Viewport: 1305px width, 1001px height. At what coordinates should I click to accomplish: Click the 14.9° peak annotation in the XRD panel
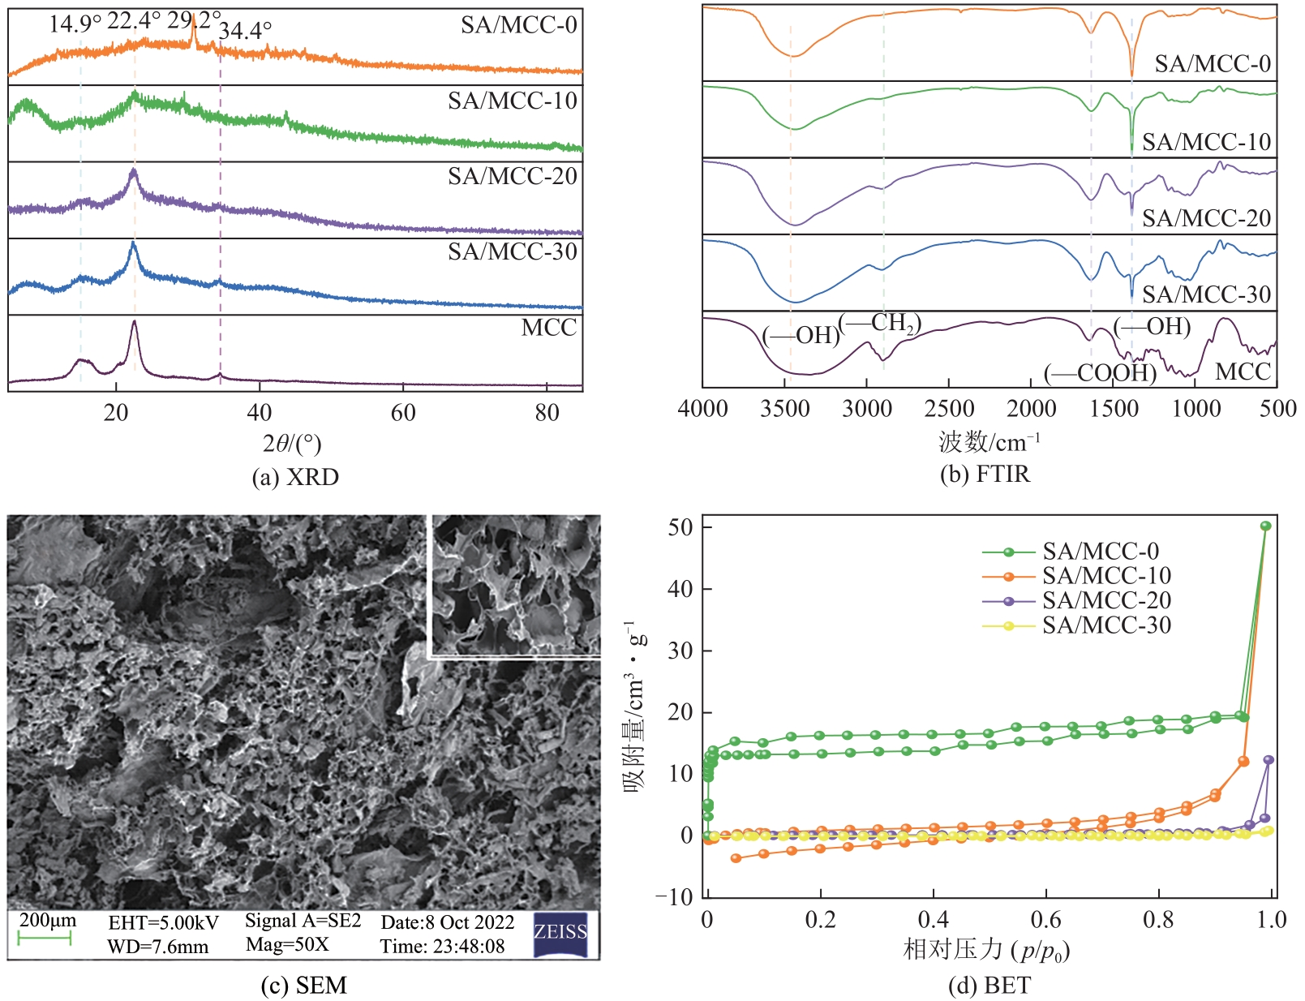75,24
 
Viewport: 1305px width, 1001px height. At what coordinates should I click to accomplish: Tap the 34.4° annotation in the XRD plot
246,31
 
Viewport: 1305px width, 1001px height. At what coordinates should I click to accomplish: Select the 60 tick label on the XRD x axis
403,413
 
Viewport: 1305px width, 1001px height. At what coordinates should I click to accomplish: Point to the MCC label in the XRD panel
548,328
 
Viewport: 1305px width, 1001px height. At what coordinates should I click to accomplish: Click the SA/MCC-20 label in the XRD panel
512,176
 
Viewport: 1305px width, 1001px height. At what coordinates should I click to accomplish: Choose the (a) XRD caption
295,477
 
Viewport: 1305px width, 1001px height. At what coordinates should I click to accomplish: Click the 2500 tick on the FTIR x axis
949,409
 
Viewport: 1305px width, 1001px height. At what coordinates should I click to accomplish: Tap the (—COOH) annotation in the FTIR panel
1100,373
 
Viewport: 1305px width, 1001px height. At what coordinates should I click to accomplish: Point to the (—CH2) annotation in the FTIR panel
879,324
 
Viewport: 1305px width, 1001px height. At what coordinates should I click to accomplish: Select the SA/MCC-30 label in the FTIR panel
1206,294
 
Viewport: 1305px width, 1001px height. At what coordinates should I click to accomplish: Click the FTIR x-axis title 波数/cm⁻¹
989,442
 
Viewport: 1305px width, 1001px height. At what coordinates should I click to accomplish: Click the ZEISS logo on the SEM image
560,934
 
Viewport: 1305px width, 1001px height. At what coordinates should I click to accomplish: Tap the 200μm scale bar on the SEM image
45,938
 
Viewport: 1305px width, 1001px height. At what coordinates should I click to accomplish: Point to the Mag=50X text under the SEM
287,945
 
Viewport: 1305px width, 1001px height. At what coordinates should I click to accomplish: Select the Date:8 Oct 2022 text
447,922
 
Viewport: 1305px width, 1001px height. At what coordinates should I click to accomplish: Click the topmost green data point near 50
1265,526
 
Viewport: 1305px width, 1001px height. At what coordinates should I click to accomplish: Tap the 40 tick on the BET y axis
680,589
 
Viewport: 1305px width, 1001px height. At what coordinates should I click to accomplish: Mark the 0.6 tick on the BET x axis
1046,919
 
